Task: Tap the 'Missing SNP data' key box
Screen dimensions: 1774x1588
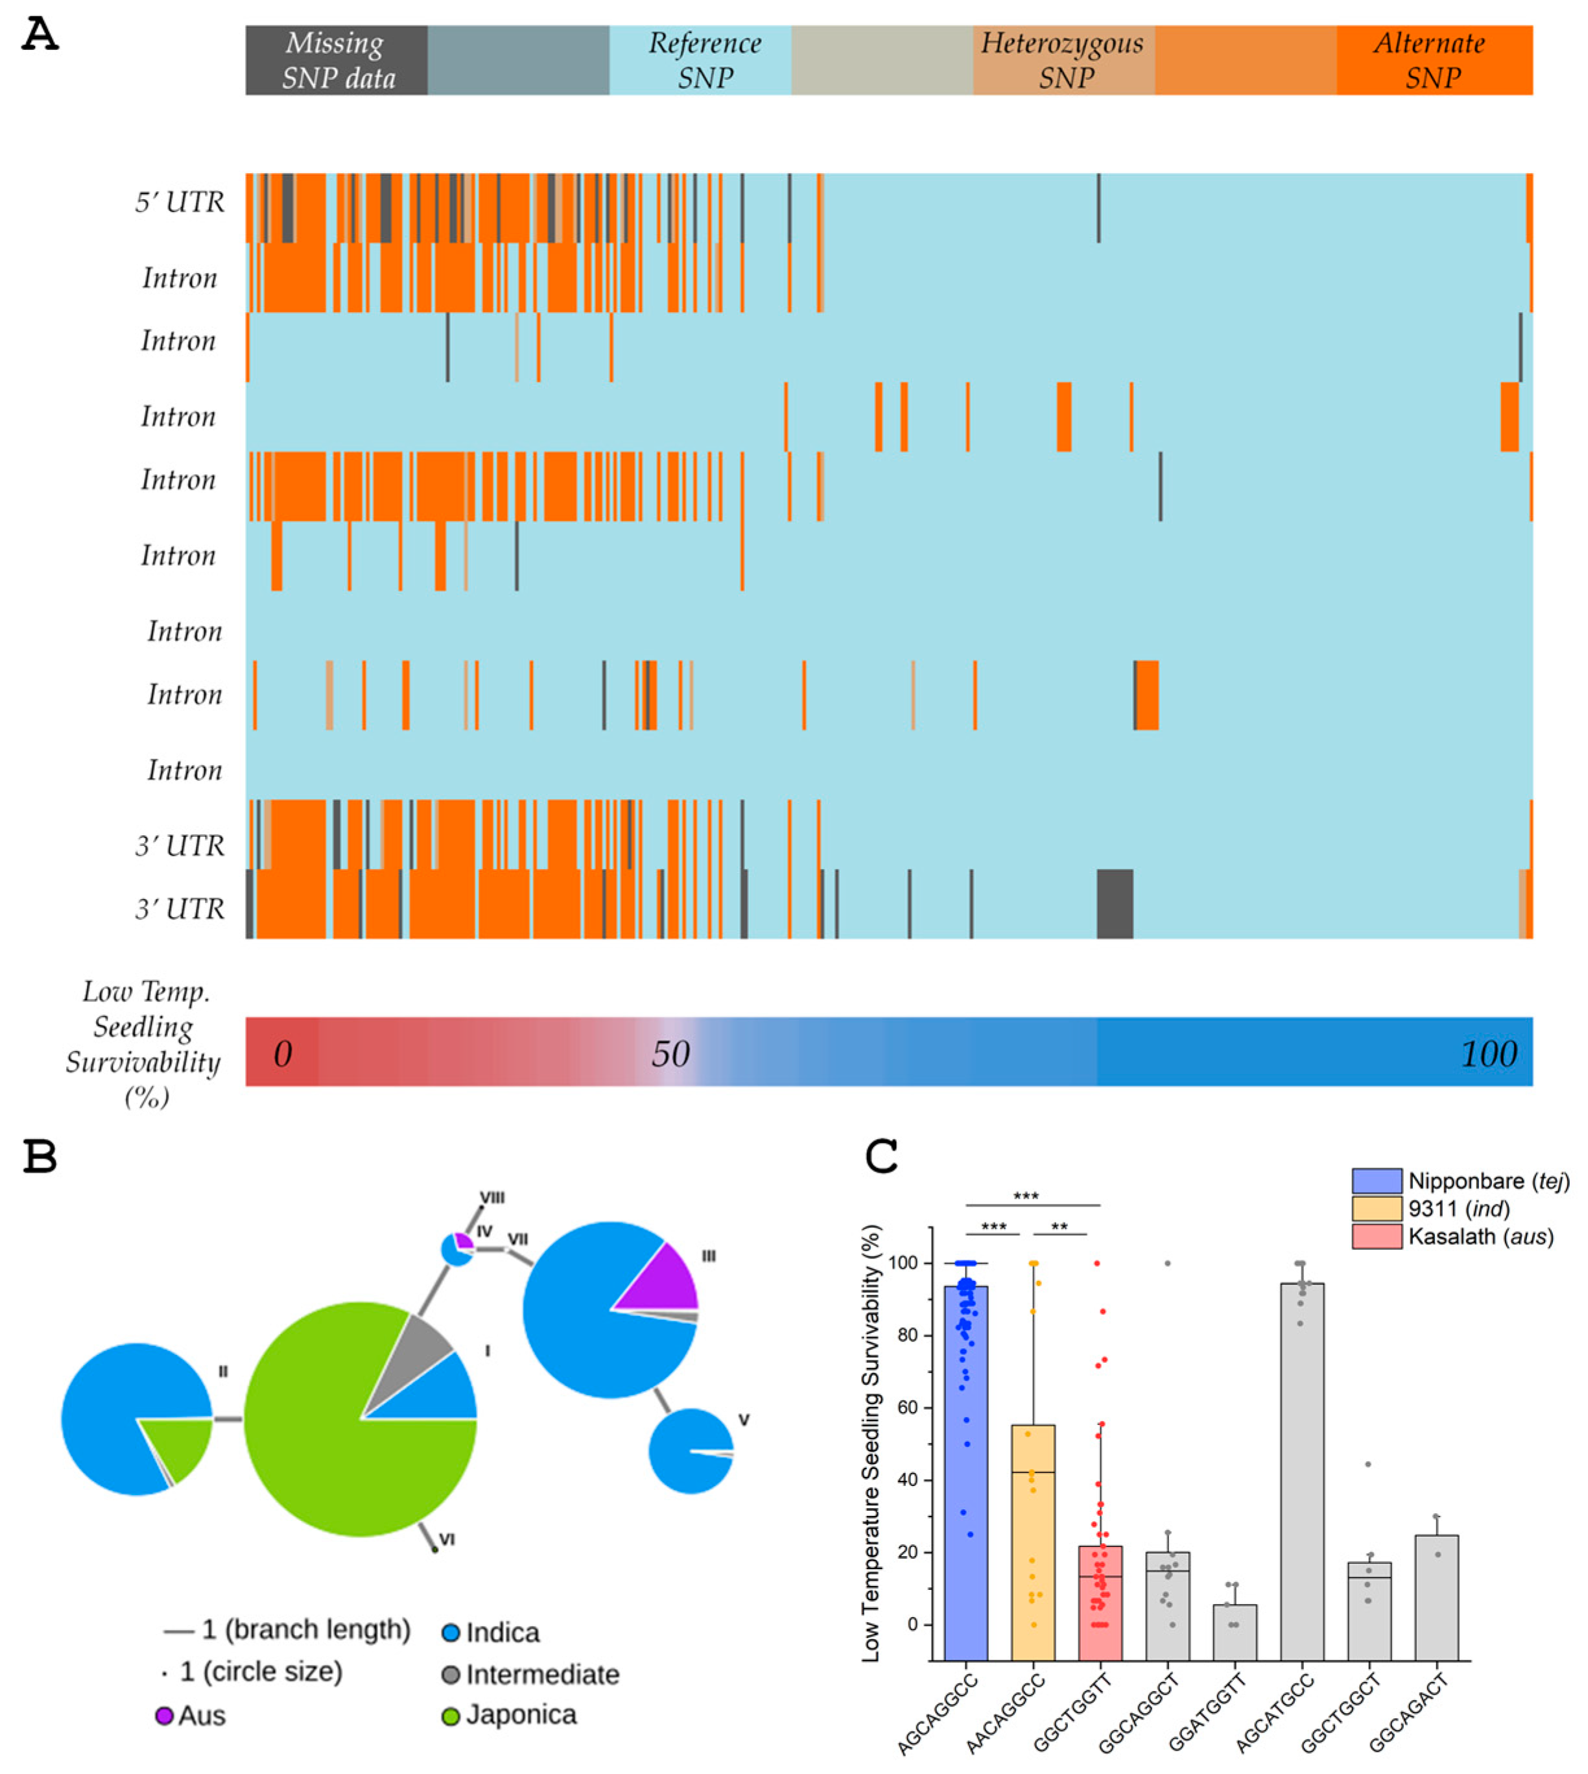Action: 336,60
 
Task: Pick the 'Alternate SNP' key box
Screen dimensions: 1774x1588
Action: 1434,60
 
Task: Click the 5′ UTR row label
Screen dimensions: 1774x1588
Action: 179,202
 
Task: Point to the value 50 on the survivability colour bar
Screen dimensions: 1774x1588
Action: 670,1054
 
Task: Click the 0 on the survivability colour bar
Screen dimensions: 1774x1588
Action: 282,1054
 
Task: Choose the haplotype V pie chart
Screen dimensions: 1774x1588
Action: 689,1451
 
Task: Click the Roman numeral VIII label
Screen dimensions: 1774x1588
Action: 492,1198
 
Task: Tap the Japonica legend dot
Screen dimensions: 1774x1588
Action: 451,1716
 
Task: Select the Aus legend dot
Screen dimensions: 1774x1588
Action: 164,1716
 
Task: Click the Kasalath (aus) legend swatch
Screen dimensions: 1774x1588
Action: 1377,1236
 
